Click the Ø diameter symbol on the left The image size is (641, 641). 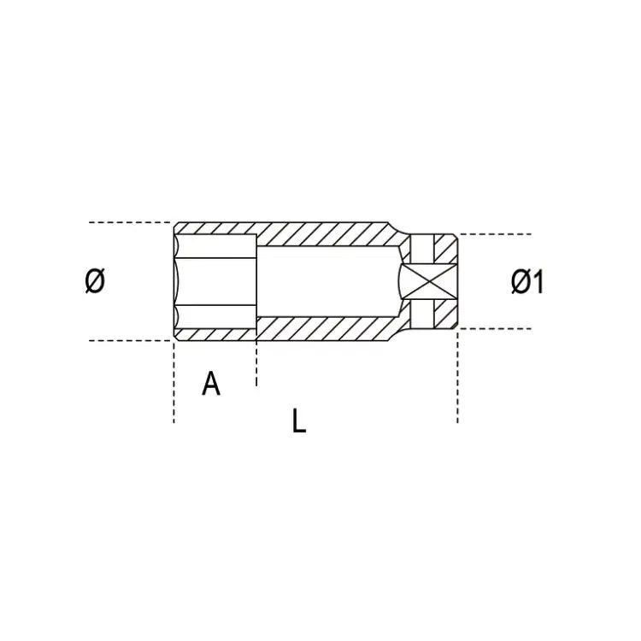95,281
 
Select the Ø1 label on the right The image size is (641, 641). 527,281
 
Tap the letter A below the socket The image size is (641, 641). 211,384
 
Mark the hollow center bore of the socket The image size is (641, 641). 325,281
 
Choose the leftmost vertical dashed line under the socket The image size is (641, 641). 174,385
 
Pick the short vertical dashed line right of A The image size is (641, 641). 256,363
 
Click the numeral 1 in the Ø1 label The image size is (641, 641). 538,281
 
